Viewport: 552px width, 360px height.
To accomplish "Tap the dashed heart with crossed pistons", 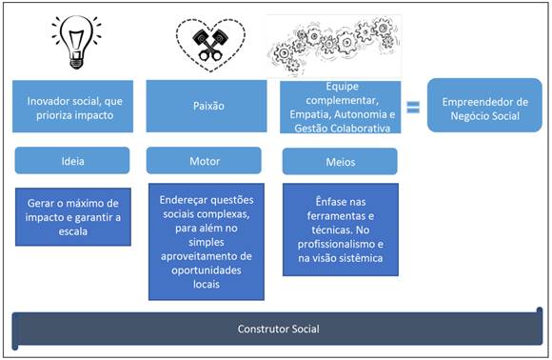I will pos(209,42).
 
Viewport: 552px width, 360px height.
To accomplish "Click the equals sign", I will pos(413,106).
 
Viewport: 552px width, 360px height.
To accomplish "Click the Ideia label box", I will pos(72,161).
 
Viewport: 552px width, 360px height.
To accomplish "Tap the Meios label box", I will pos(340,162).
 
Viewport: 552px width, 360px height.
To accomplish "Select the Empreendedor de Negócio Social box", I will pos(485,106).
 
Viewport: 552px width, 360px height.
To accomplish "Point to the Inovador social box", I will pos(72,106).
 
